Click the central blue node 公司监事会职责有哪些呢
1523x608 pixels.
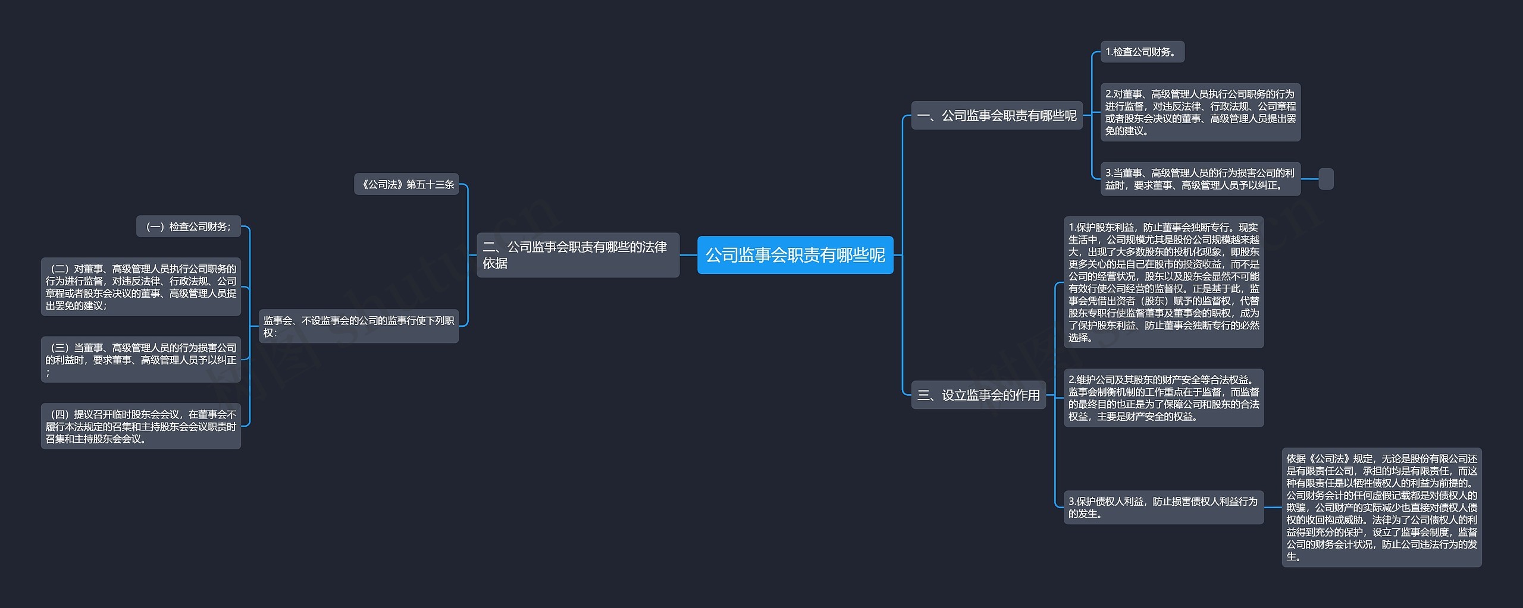click(x=795, y=255)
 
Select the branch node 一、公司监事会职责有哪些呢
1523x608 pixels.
click(x=996, y=115)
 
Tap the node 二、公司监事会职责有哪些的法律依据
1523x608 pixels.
click(x=578, y=255)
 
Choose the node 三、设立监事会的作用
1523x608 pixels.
click(x=978, y=395)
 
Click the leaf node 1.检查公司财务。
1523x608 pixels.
click(x=1142, y=52)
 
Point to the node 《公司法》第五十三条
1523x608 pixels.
click(x=407, y=184)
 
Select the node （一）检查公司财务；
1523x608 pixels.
click(x=188, y=226)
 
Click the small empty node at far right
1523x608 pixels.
click(x=1326, y=179)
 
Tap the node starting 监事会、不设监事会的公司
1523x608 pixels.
click(x=358, y=326)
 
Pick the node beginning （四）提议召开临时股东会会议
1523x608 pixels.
click(x=140, y=426)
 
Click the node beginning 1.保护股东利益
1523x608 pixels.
click(x=1163, y=282)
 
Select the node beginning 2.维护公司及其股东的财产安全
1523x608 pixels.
click(x=1163, y=398)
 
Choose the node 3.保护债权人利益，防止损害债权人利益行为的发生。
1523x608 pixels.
click(x=1163, y=507)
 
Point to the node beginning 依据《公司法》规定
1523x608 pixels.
click(x=1381, y=507)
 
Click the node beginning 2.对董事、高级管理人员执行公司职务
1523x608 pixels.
click(x=1200, y=112)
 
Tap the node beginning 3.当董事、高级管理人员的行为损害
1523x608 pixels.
click(x=1200, y=179)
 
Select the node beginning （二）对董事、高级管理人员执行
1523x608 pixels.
click(x=140, y=287)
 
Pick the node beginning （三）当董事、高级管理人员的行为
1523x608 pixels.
click(x=140, y=360)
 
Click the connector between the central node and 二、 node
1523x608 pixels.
click(x=688, y=255)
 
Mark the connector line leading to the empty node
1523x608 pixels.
click(x=1309, y=179)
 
